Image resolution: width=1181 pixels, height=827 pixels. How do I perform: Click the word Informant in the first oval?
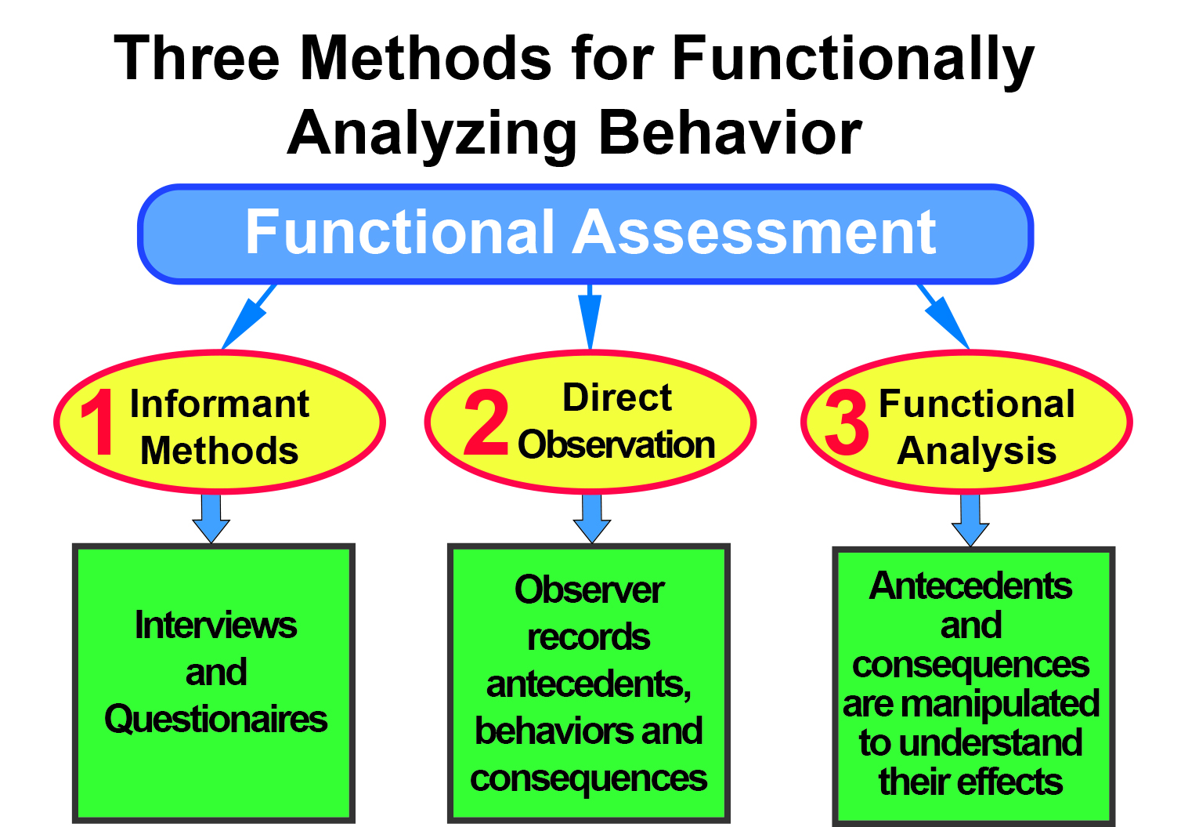pos(219,404)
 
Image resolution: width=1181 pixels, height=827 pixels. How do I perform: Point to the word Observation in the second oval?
pos(616,444)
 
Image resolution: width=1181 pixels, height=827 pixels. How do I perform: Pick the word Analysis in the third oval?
pos(977,451)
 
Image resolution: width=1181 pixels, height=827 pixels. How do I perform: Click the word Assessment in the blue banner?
pos(754,232)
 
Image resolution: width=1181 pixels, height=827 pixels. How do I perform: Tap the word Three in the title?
pos(196,57)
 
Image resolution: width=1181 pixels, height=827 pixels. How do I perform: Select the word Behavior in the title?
pos(730,132)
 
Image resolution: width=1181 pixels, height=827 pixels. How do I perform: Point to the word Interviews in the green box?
pos(215,626)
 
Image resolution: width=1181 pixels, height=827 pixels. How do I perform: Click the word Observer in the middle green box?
pos(589,589)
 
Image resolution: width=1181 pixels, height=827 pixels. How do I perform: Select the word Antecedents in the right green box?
pos(970,586)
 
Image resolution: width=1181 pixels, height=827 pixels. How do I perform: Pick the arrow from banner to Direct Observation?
pos(590,317)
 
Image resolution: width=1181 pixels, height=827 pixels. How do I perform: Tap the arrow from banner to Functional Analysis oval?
pos(944,317)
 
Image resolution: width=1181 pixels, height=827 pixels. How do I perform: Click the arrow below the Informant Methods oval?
pos(211,519)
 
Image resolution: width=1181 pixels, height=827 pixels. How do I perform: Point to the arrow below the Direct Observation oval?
pos(592,519)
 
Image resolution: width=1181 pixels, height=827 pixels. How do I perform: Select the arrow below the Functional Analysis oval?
pos(970,521)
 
